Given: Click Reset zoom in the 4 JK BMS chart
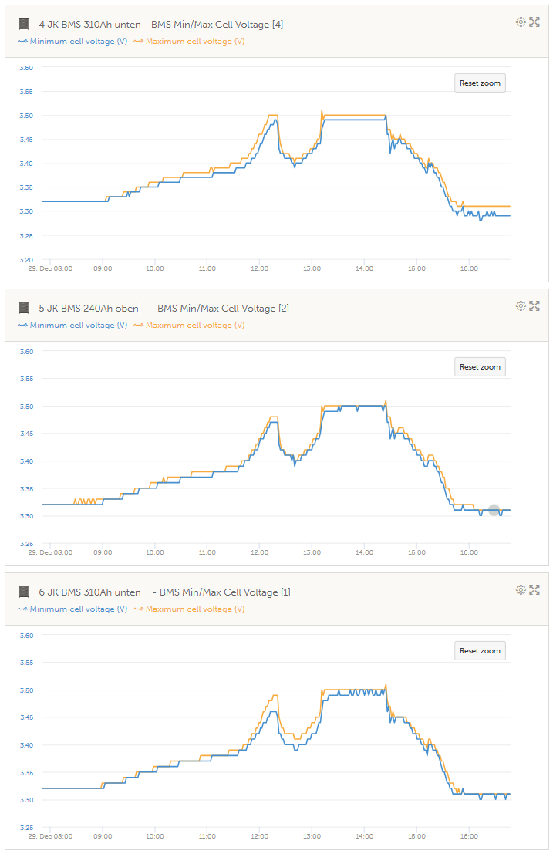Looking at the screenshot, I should coord(480,83).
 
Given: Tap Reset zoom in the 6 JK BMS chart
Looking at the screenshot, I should coord(480,651).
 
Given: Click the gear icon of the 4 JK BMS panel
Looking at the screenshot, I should coord(521,22).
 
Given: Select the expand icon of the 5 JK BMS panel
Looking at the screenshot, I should coord(534,306).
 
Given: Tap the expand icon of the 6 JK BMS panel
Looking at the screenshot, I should coord(534,590).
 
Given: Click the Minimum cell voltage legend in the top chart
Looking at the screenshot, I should coord(73,41).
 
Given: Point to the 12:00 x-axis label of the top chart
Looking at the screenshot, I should coord(259,268).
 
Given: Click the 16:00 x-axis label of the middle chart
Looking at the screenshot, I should coord(469,552).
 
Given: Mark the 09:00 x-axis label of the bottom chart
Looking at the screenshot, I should coord(103,836).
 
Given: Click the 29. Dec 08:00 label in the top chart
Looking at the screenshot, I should coord(51,268).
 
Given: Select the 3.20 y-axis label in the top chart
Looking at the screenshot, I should coord(26,259).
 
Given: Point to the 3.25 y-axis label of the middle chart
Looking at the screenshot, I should coord(26,543).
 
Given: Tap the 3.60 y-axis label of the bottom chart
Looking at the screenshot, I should coord(26,636).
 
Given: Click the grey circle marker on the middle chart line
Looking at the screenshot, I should coord(494,510).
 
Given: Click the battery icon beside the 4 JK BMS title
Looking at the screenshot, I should coord(24,25).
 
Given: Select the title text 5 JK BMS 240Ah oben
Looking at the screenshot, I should coord(89,309).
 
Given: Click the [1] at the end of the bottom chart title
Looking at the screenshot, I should coord(286,592).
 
